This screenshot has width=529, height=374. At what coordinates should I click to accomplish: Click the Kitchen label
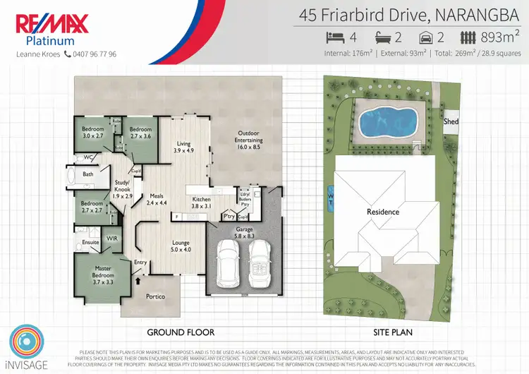click(202, 203)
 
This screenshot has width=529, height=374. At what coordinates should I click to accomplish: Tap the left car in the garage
click(229, 262)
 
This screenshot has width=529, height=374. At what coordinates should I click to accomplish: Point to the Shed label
click(451, 122)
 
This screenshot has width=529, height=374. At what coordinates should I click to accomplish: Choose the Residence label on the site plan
click(383, 212)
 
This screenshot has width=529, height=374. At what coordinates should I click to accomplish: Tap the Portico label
click(155, 296)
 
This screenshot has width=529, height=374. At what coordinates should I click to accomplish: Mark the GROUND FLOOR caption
click(180, 332)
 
